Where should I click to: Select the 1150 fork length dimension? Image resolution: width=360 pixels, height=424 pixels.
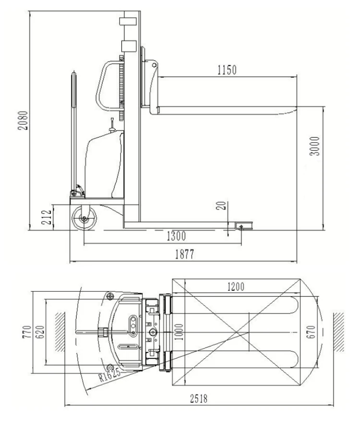tap(227, 70)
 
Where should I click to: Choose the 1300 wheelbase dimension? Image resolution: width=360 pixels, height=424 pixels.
tap(176, 236)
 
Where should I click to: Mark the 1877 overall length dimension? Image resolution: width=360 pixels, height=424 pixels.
tap(184, 255)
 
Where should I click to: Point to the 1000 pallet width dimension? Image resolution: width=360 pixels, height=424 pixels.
tap(178, 331)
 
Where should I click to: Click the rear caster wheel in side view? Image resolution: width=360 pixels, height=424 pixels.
tap(85, 219)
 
